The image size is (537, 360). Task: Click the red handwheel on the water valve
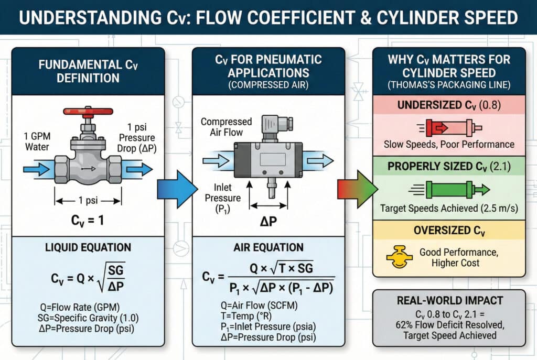tap(87, 111)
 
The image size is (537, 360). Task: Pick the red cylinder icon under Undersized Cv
tap(450, 128)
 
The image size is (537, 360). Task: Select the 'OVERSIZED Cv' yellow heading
tap(450, 230)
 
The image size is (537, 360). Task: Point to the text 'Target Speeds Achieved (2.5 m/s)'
tap(450, 209)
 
